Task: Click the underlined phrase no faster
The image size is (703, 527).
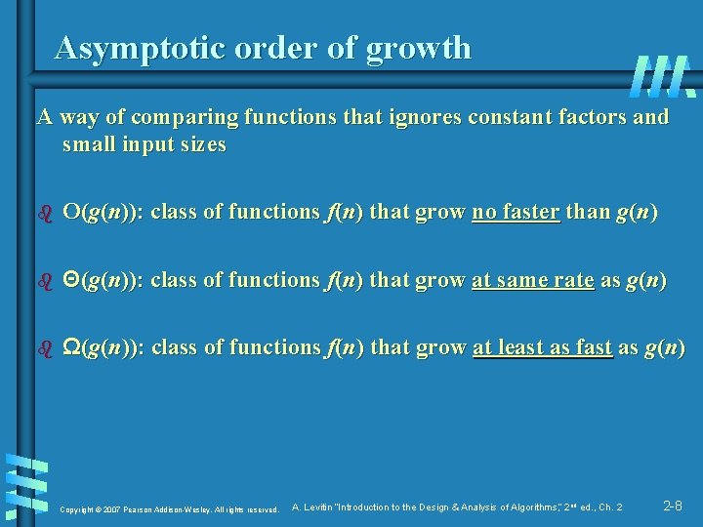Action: [x=516, y=212]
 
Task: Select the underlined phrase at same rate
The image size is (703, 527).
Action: [x=532, y=280]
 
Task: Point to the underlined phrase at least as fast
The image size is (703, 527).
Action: [x=543, y=347]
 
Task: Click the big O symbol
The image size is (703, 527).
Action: [x=70, y=212]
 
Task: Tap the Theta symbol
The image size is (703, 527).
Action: [x=70, y=280]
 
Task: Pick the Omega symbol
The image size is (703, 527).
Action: [x=71, y=347]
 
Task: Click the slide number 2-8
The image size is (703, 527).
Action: [x=673, y=506]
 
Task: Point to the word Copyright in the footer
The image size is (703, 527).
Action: [x=78, y=508]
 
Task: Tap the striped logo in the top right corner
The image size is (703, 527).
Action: [x=662, y=75]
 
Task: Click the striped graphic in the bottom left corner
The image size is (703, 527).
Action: [x=26, y=484]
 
